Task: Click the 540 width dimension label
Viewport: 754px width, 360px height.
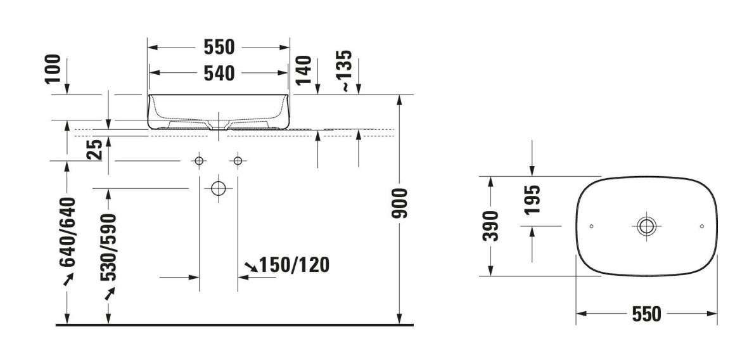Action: tap(219, 73)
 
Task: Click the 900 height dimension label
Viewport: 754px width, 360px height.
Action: tap(400, 203)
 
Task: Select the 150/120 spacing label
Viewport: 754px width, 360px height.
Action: tap(294, 265)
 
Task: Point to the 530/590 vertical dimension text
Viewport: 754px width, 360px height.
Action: tap(108, 247)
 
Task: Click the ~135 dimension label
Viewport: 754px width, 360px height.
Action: tap(346, 71)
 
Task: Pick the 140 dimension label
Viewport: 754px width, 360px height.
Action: tap(304, 70)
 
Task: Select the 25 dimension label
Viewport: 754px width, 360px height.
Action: tap(95, 149)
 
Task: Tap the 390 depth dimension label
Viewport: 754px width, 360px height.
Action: tap(491, 226)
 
